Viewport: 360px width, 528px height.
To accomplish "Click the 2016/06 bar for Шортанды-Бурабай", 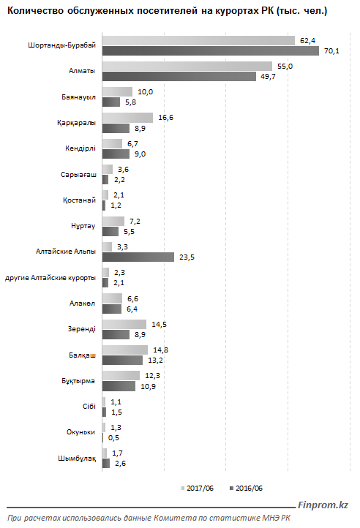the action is click(211, 51).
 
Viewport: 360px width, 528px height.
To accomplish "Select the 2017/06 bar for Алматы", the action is click(187, 66).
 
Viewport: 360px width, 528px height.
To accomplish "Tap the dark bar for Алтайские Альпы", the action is click(138, 257).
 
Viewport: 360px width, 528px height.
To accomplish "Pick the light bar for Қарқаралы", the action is click(127, 118).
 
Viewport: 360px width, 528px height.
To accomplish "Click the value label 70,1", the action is click(331, 51).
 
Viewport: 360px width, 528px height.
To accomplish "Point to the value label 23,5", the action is click(187, 257).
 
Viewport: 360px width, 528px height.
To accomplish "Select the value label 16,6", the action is click(165, 118).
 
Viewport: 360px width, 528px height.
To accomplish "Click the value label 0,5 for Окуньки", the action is click(113, 438).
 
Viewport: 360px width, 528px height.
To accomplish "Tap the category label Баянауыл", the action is click(78, 97).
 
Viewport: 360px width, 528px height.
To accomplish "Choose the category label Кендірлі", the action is click(80, 148).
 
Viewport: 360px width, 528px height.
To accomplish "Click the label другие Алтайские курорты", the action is click(50, 278).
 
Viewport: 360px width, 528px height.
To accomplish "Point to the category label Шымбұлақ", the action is click(77, 459).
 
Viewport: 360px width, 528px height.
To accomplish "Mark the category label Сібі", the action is click(89, 407).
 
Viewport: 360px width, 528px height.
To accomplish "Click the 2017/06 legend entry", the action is click(197, 489).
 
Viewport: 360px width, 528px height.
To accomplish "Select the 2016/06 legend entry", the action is click(246, 489).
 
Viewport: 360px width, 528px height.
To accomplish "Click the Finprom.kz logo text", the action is click(323, 505).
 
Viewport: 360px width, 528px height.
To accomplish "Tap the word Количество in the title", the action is click(36, 11).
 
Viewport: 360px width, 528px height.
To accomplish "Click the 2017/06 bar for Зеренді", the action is click(124, 324).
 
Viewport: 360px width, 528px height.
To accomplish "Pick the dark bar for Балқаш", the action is click(122, 361).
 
